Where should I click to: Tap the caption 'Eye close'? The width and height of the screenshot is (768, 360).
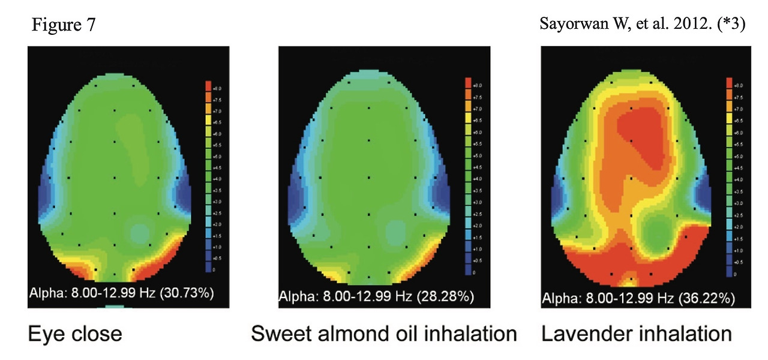75,333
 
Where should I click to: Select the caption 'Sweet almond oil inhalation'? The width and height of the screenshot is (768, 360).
383,333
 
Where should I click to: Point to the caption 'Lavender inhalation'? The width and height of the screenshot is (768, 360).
637,333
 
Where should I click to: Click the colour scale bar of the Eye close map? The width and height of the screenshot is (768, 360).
207,177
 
